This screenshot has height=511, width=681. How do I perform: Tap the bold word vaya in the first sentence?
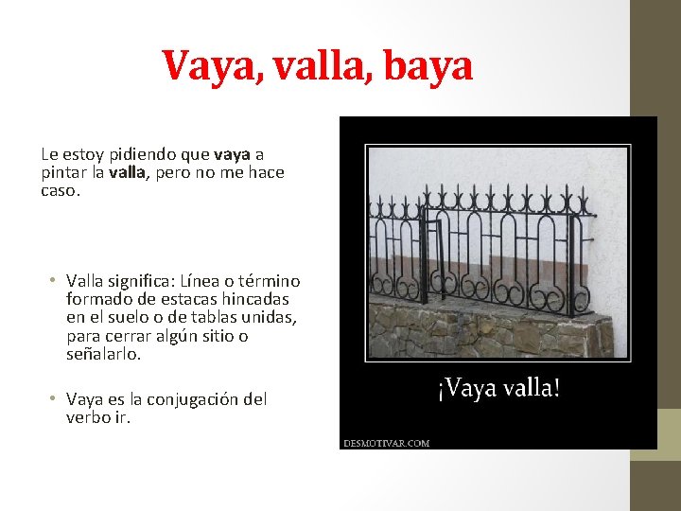coord(233,154)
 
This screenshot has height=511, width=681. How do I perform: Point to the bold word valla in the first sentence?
coord(127,172)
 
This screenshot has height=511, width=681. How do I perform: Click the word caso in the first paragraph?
coord(59,190)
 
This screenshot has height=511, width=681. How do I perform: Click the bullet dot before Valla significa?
coord(55,281)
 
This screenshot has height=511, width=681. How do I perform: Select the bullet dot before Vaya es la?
coord(55,399)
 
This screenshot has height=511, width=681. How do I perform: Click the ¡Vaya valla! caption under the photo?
coord(498,388)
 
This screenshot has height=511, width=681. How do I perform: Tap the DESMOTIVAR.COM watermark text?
coord(386,442)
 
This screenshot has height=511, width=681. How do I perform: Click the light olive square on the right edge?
coord(669,434)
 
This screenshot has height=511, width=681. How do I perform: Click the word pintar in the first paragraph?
coord(61,172)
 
